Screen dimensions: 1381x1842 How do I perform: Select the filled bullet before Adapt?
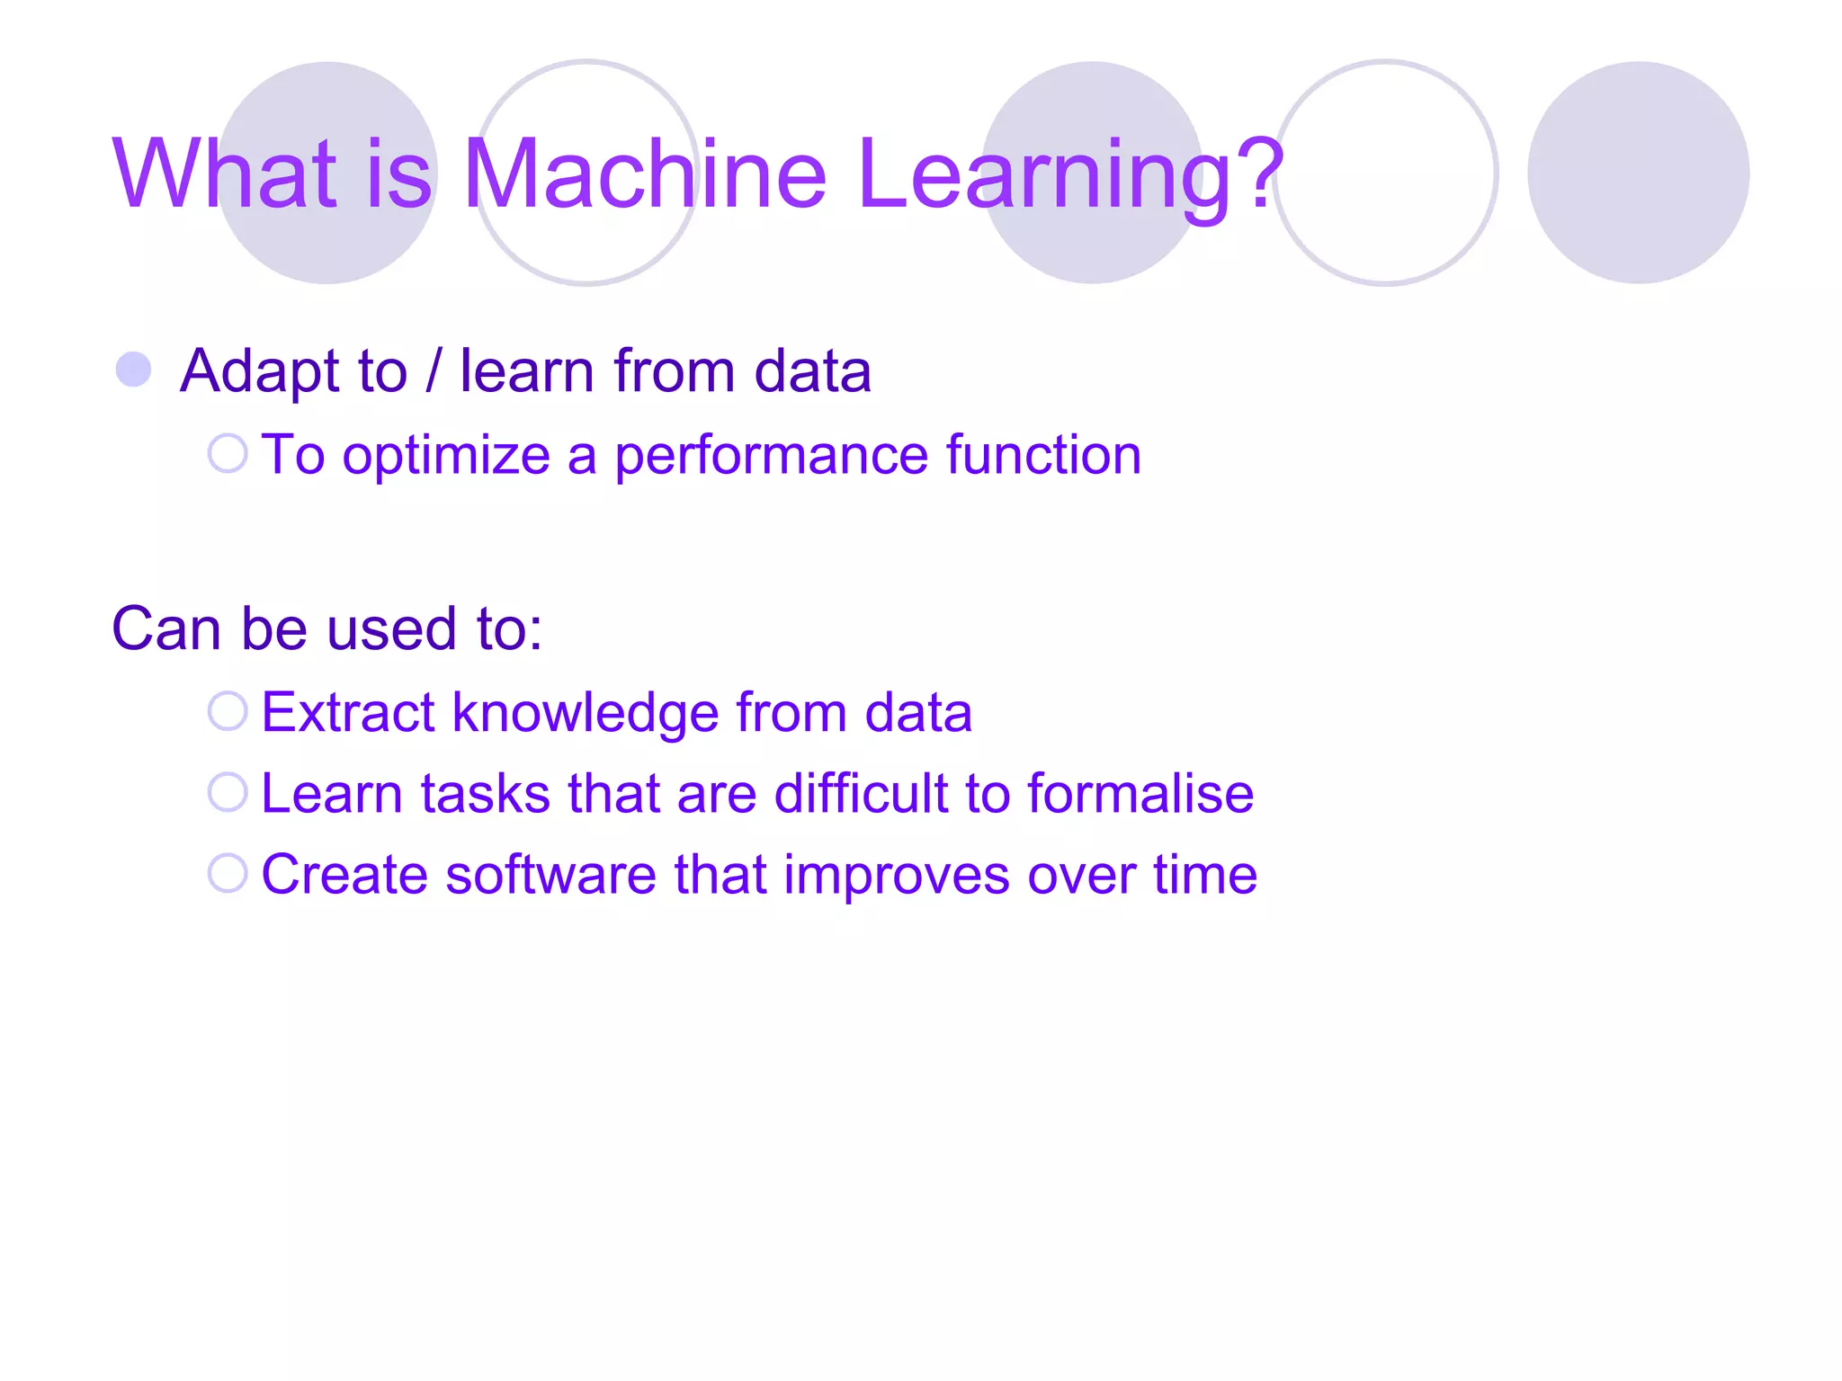tap(134, 370)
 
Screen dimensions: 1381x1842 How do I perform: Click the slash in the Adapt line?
tap(434, 370)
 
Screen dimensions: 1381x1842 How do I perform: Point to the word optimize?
tap(446, 457)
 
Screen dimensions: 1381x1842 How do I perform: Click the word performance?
tap(772, 457)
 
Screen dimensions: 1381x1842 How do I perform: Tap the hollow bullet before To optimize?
tap(228, 453)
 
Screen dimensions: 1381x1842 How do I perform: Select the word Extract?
tap(347, 712)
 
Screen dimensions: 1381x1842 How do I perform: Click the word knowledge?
tap(585, 714)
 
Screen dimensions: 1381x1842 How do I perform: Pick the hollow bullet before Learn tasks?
tap(228, 792)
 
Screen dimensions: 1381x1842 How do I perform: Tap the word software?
tap(550, 875)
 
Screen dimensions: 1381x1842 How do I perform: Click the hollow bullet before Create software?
tap(228, 873)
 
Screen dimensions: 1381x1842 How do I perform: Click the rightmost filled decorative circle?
tap(1638, 173)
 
